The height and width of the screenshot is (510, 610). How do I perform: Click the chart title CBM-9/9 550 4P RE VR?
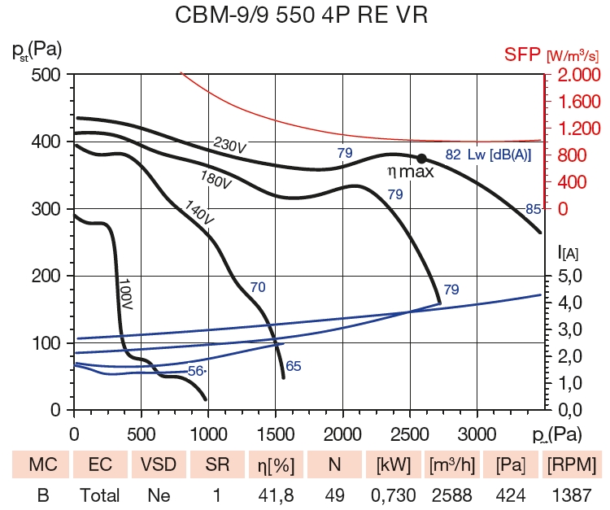(304, 15)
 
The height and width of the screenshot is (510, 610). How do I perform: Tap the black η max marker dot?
(422, 158)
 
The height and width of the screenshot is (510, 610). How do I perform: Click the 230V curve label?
(230, 146)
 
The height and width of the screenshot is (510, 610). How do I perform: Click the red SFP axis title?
(522, 55)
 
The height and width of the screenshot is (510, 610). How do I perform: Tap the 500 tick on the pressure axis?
(46, 75)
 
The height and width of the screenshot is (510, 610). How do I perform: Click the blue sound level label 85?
(533, 209)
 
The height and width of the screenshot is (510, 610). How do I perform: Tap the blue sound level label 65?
(294, 366)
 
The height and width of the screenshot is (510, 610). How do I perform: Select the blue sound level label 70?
(257, 286)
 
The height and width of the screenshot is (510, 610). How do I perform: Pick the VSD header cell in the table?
(159, 465)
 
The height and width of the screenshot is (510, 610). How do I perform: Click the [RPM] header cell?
(573, 465)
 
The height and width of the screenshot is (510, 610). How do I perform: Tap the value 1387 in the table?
(573, 495)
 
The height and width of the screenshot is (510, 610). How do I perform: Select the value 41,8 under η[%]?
(277, 495)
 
